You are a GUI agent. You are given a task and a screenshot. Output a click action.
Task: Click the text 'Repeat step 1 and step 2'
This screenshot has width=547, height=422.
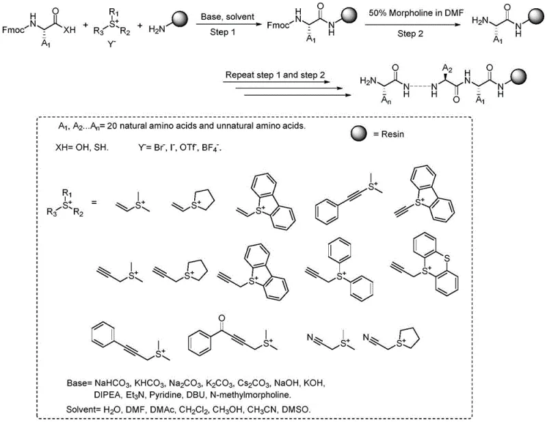[x=271, y=73]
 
